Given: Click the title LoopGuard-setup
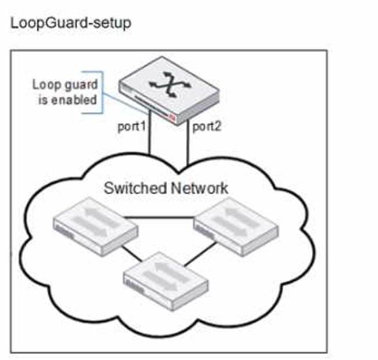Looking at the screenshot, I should (70, 23).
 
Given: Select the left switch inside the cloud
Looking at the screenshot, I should (95, 228).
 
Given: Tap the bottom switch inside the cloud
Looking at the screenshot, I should (166, 272).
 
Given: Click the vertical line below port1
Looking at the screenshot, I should (150, 139).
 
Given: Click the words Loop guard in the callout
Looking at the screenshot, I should (63, 85).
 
